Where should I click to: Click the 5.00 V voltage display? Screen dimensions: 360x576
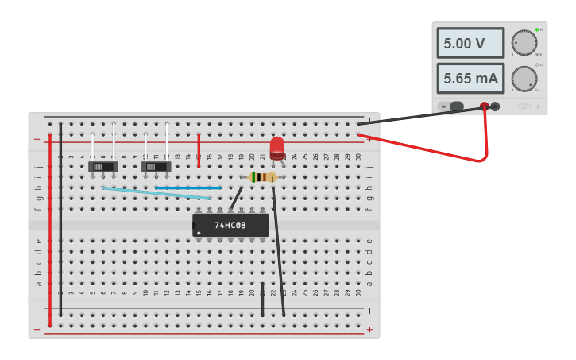pos(470,44)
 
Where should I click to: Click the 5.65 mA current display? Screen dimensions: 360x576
pos(470,79)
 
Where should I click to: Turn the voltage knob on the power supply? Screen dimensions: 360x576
pos(524,43)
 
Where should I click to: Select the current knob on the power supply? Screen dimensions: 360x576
pos(524,79)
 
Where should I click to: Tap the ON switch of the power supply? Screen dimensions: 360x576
pos(456,106)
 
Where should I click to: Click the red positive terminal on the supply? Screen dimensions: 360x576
pos(484,106)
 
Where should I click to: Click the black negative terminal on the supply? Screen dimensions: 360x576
pos(495,106)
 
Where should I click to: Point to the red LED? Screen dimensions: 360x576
pos(276,147)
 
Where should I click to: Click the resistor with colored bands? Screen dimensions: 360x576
pos(261,177)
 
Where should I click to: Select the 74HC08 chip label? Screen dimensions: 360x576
pos(230,226)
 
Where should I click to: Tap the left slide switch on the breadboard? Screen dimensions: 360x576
pos(102,167)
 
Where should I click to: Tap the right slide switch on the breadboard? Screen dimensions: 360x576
pos(156,167)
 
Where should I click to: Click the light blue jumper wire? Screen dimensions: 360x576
pos(156,193)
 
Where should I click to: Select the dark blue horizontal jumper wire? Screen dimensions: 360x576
pos(187,188)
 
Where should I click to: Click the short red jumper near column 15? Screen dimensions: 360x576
pos(199,149)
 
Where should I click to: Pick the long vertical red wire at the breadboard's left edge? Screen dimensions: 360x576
pos(49,230)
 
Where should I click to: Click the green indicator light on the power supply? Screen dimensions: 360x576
pos(537,29)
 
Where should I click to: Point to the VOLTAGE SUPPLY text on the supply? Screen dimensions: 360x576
pos(524,104)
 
